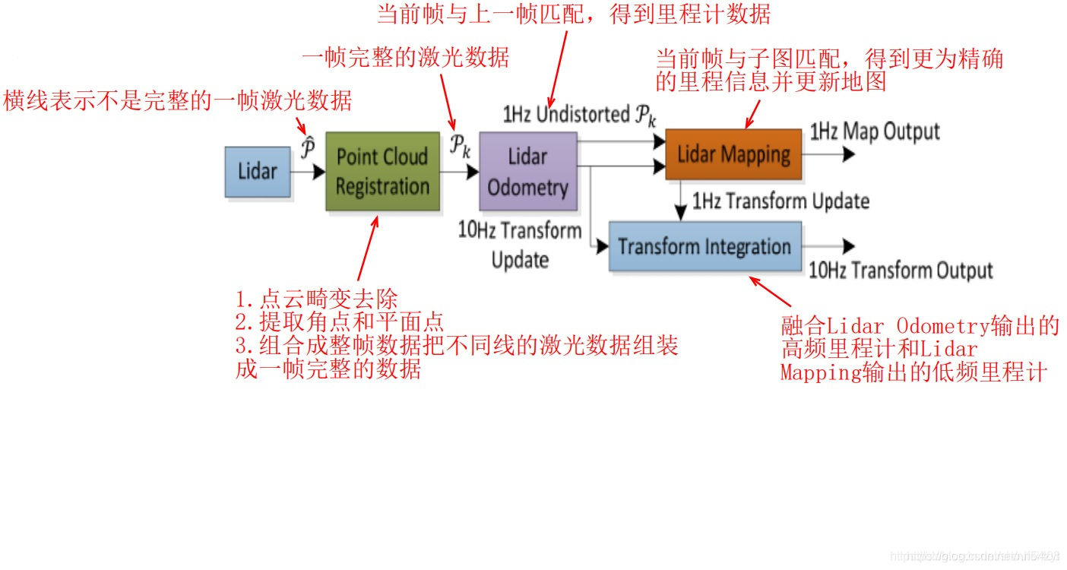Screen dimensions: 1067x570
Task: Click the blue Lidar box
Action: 258,172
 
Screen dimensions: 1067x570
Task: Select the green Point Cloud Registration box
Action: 382,172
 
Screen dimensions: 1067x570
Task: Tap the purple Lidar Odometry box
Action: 527,172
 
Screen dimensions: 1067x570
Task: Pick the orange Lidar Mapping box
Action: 733,154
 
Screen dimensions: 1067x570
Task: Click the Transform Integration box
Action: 704,246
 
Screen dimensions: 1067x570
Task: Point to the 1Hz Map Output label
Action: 875,131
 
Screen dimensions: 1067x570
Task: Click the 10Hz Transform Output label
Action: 901,271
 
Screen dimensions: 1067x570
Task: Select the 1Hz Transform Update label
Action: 780,201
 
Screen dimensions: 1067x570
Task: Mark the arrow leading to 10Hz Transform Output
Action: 828,246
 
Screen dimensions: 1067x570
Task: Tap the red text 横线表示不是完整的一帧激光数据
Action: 178,100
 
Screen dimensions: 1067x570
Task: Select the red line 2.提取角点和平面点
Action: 340,321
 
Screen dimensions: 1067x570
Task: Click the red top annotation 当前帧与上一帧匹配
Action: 574,14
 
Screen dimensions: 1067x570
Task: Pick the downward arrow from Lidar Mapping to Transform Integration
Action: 682,201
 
